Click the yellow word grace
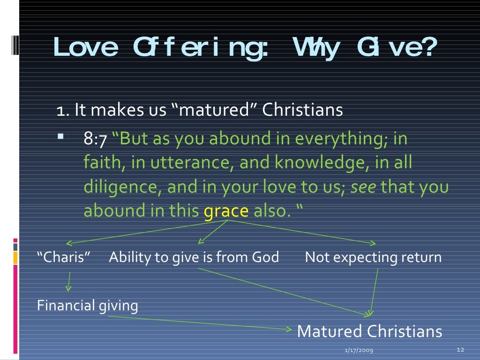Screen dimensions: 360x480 226,210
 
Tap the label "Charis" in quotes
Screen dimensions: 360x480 64,257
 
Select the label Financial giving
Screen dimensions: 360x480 88,306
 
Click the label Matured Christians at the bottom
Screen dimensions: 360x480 369,331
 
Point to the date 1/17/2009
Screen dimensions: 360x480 356,350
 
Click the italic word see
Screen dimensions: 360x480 363,187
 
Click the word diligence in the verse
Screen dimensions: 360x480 123,187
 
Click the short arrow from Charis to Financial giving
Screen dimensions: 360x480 69,282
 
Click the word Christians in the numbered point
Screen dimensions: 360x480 302,111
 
